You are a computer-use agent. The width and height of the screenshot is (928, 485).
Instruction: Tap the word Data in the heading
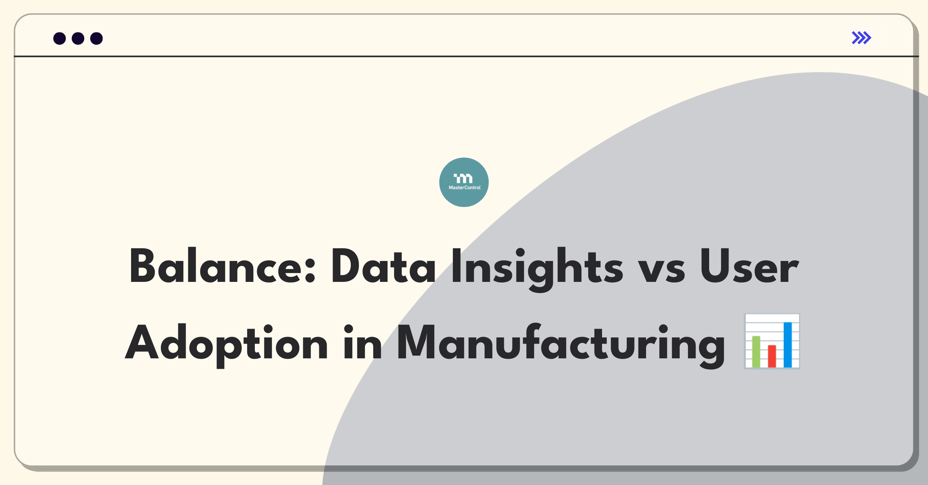(x=383, y=266)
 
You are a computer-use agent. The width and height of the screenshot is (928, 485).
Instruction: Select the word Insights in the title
(x=537, y=270)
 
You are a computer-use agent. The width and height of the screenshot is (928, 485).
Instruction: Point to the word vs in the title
(x=661, y=270)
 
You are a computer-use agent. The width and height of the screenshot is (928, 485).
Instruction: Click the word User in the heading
(x=749, y=266)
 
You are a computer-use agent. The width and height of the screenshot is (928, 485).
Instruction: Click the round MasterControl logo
(x=464, y=182)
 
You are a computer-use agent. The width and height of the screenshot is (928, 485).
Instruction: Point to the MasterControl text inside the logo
(x=464, y=188)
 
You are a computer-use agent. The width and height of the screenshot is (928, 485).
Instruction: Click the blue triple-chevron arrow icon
(x=861, y=38)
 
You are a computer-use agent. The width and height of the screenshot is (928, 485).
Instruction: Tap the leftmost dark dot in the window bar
(x=60, y=39)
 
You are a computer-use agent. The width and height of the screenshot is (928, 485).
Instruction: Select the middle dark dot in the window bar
(x=78, y=39)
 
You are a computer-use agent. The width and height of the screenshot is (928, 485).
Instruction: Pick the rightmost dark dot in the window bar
(x=97, y=39)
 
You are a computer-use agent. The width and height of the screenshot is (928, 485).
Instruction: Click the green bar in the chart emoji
(x=756, y=352)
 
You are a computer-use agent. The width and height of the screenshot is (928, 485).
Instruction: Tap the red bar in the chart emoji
(x=772, y=356)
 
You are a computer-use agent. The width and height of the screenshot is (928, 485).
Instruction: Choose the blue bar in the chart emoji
(x=788, y=345)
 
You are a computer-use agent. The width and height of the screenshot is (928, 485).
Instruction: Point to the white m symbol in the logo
(x=463, y=178)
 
